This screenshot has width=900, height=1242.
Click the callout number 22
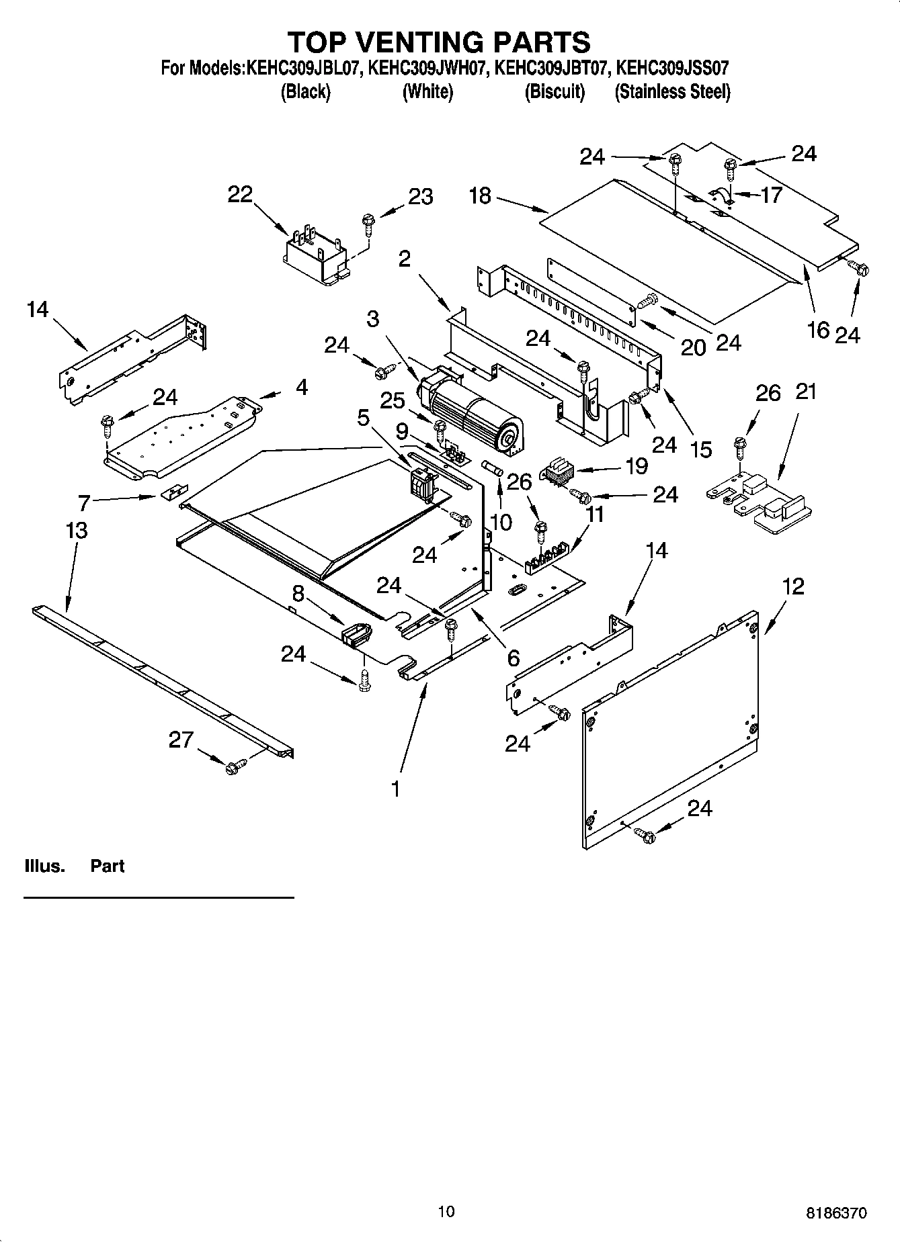tap(239, 194)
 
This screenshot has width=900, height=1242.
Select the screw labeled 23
tap(368, 224)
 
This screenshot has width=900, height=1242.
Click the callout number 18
tap(480, 196)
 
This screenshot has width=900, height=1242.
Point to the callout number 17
tap(771, 195)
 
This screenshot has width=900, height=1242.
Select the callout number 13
tap(77, 530)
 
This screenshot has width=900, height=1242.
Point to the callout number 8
tap(298, 593)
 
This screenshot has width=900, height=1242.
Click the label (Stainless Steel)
tap(672, 92)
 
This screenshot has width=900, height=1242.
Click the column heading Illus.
tap(44, 866)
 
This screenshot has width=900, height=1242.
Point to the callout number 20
tap(693, 347)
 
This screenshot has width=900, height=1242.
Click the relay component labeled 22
tap(315, 257)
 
